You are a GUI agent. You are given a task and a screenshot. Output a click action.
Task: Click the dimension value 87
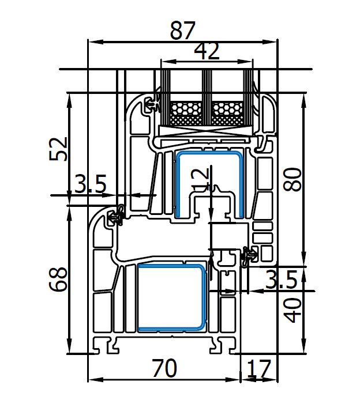click(x=182, y=31)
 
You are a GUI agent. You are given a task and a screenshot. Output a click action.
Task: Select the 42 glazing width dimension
click(x=207, y=51)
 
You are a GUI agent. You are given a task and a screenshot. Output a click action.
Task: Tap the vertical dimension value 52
click(x=58, y=149)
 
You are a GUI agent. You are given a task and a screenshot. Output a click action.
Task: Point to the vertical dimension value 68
click(x=58, y=280)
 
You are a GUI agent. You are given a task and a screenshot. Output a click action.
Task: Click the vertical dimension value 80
click(x=292, y=179)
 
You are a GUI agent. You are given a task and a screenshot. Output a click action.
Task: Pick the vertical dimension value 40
click(x=292, y=310)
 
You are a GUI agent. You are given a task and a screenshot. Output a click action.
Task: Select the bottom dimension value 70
click(x=164, y=368)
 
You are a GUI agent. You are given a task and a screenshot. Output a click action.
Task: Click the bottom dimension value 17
click(x=258, y=369)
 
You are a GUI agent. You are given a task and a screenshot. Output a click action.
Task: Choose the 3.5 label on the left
click(x=90, y=184)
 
